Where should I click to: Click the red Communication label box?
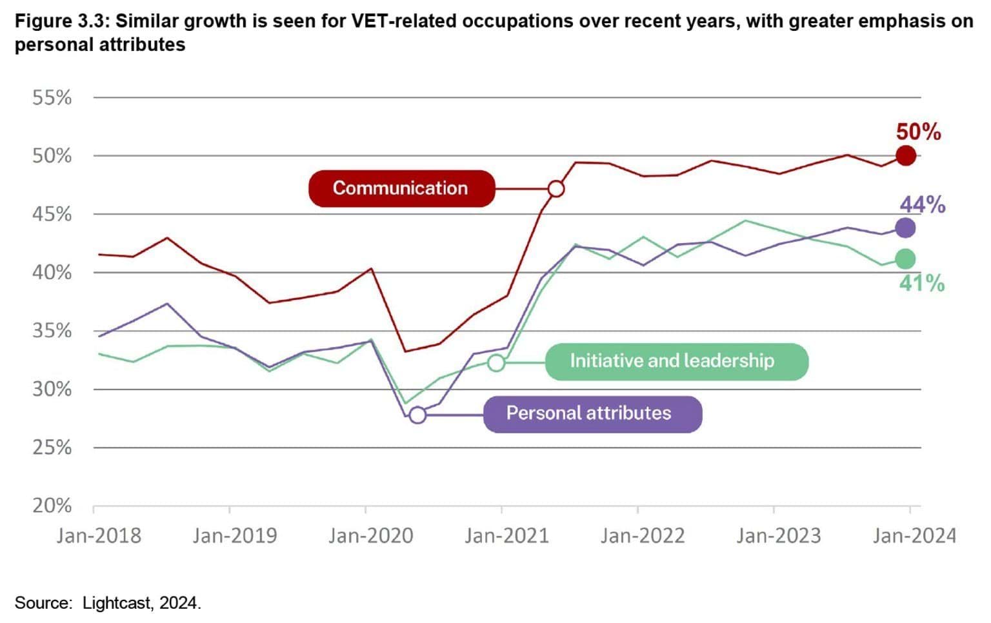[401, 188]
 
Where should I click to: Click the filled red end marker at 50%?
[906, 155]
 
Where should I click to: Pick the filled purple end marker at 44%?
[906, 228]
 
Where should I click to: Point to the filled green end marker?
[906, 259]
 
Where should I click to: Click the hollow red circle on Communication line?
[556, 189]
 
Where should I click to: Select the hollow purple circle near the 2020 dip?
[417, 415]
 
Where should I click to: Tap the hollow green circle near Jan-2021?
[495, 362]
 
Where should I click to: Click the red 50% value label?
[918, 132]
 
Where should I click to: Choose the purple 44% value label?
[922, 205]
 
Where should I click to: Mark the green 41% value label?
[921, 283]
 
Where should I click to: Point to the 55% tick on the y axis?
[52, 98]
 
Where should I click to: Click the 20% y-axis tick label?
[52, 506]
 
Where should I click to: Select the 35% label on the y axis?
[52, 331]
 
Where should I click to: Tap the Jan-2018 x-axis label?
[99, 536]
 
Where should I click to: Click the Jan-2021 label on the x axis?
[506, 536]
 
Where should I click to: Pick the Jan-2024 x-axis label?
[914, 536]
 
